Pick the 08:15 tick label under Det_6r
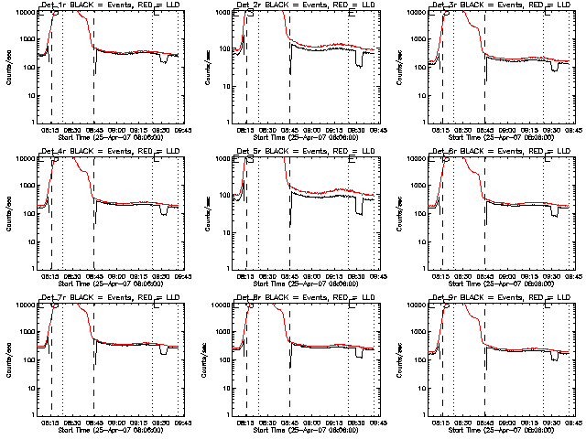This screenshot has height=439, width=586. point(441,277)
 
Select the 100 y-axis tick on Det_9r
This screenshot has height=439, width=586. point(419,360)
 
